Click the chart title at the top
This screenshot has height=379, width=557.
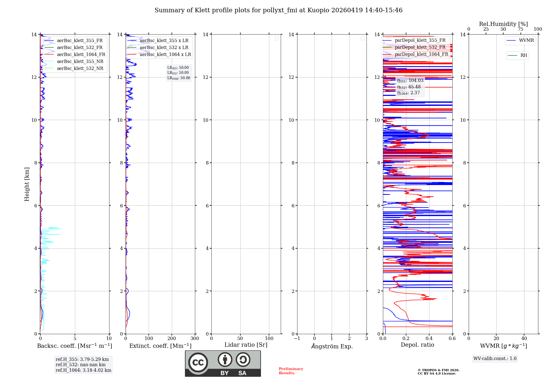click(278, 10)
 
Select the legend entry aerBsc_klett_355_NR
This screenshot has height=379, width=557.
click(80, 61)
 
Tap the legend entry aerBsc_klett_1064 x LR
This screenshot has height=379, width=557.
click(165, 54)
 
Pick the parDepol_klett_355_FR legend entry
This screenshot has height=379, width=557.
click(420, 40)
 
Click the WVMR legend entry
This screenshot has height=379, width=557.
click(526, 40)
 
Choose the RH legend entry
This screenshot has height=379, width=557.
click(523, 55)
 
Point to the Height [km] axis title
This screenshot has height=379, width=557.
click(27, 184)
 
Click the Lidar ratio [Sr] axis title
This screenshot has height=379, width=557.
click(246, 345)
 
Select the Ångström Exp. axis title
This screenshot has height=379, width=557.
click(332, 346)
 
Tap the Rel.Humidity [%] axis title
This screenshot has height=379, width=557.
click(503, 24)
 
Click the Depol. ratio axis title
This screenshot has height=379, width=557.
click(417, 345)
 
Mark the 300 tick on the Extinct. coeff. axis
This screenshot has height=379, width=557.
click(195, 338)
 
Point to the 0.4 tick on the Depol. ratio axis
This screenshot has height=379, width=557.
click(429, 338)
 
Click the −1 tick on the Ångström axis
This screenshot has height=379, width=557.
click(297, 338)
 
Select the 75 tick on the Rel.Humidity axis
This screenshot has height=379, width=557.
click(520, 29)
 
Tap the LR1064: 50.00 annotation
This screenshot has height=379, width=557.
click(179, 78)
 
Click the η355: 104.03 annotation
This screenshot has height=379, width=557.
click(410, 81)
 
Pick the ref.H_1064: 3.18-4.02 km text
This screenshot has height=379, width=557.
click(83, 370)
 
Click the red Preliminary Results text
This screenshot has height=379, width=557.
click(291, 371)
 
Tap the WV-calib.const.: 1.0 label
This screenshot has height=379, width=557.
click(495, 358)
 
